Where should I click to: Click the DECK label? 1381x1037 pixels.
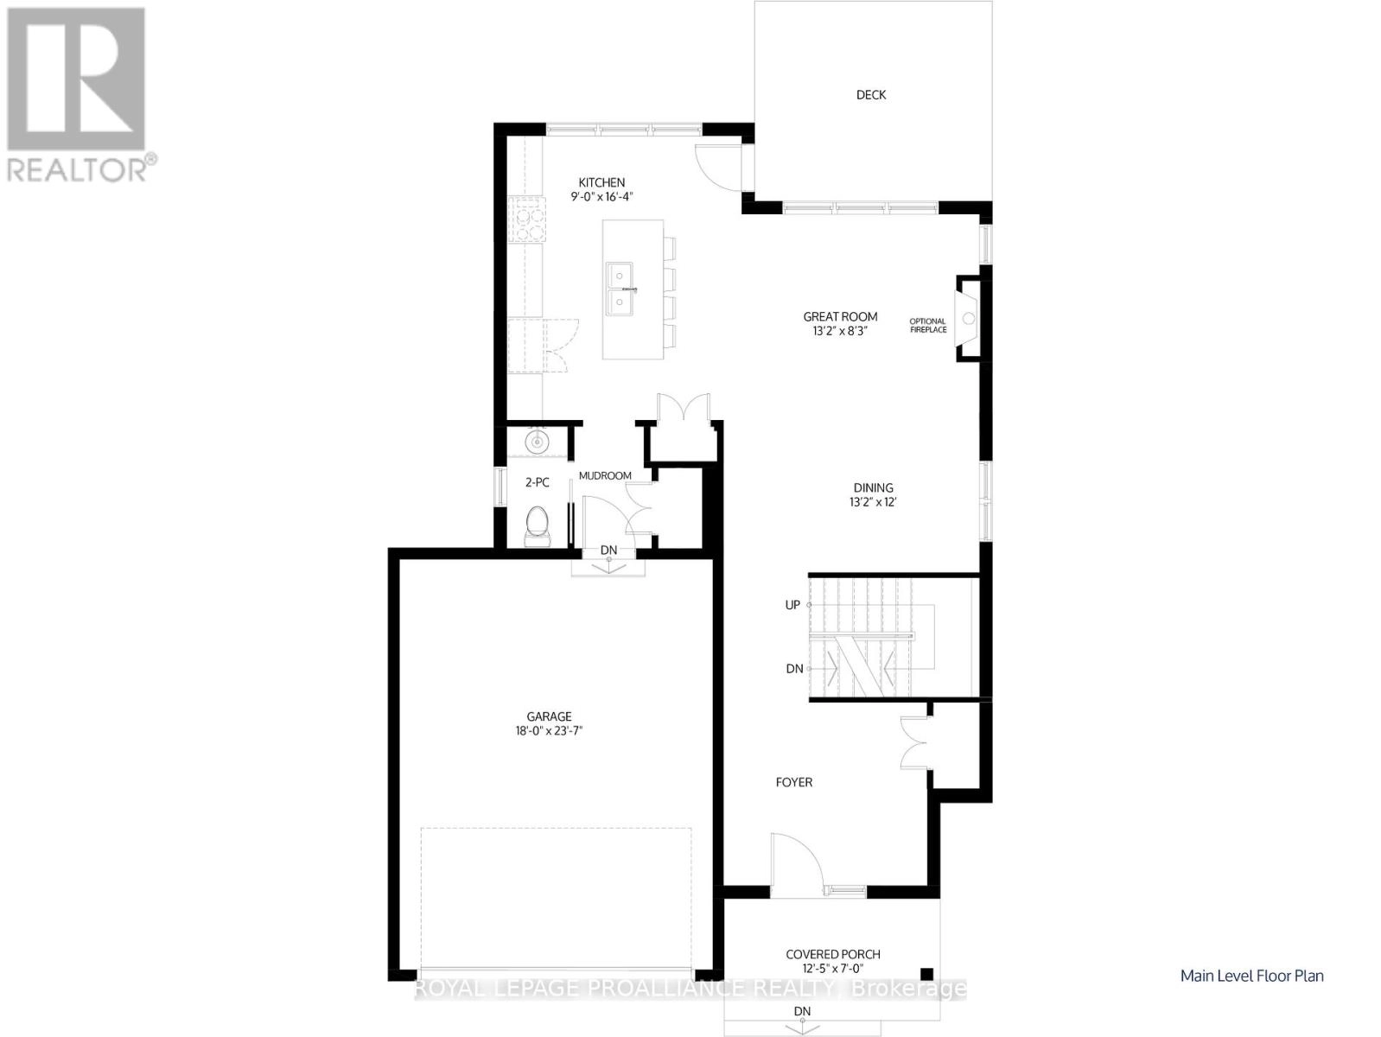(870, 95)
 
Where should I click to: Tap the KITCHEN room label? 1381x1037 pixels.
(601, 182)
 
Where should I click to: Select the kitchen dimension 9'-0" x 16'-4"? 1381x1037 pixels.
(601, 197)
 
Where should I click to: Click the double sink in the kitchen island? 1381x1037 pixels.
(619, 288)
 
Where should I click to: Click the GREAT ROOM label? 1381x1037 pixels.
(840, 317)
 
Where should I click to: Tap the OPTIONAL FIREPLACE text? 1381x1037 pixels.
(928, 326)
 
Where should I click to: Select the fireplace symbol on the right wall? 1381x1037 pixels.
(968, 318)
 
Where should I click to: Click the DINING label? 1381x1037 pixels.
(873, 488)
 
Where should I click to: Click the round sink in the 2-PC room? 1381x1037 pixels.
(538, 443)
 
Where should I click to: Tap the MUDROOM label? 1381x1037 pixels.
(605, 476)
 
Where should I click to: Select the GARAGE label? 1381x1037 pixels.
(549, 716)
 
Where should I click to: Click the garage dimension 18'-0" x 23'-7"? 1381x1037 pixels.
(549, 731)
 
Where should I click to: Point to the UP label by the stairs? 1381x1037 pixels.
(792, 606)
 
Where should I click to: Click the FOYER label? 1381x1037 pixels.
(793, 783)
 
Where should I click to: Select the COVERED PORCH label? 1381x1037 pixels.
(833, 955)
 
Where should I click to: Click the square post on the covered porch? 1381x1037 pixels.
(927, 971)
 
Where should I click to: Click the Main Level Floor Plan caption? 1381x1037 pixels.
(1251, 977)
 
